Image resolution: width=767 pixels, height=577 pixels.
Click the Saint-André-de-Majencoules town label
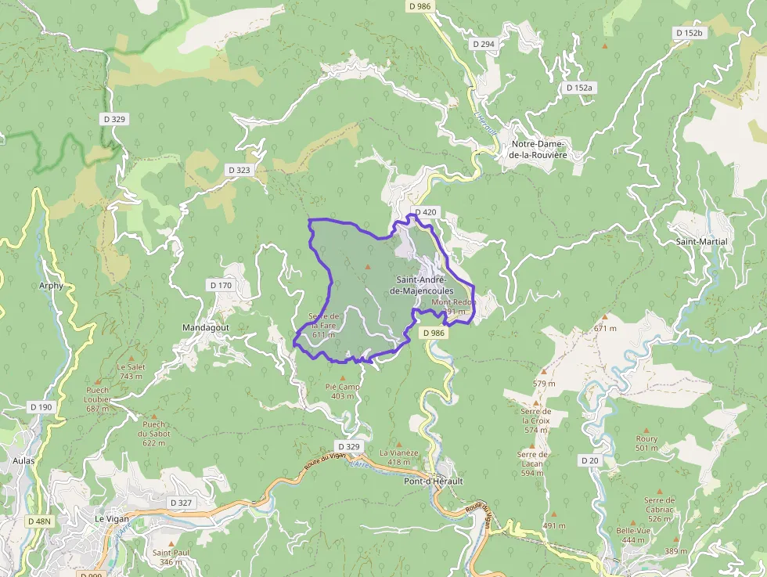421,285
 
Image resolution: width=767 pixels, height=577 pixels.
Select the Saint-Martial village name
701,242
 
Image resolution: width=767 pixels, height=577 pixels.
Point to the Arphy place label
51,286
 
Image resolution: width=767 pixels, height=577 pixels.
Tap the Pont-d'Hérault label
433,481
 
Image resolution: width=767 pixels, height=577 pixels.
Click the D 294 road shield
484,44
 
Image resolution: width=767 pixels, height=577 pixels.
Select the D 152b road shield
690,33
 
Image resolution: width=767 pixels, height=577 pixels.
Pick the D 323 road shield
239,169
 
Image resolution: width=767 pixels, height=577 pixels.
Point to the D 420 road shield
426,212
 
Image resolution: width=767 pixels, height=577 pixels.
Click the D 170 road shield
221,286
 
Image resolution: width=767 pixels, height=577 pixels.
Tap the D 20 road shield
590,460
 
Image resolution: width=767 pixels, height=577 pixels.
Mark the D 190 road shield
41,407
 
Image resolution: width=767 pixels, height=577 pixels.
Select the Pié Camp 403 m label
342,391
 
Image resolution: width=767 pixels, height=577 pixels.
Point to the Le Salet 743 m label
131,371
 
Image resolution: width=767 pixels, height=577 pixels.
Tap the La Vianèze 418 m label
399,457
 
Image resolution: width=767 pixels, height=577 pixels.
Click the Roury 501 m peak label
646,443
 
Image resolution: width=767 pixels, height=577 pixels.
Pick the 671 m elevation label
604,328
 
